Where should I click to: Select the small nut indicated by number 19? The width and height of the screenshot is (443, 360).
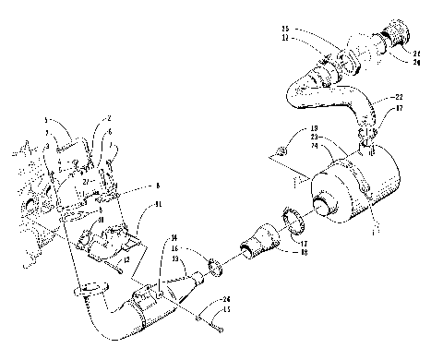281,150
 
